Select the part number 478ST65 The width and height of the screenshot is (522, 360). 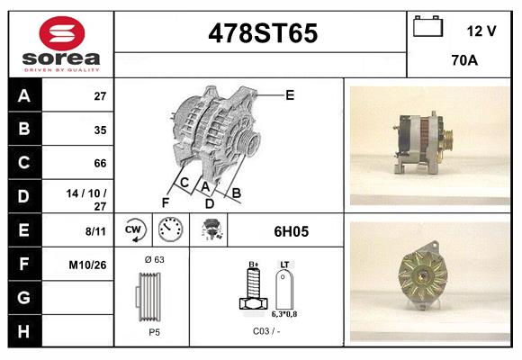tap(262, 34)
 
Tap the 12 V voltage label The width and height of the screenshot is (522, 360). tap(481, 31)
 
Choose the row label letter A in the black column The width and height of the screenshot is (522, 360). tap(23, 95)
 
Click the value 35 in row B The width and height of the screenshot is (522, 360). tap(99, 130)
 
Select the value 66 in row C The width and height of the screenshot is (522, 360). tap(99, 164)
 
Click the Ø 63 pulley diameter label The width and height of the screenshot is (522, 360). tap(153, 258)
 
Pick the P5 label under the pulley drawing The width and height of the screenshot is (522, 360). tap(154, 331)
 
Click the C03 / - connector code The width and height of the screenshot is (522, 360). tap(265, 331)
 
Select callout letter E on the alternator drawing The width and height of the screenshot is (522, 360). tap(290, 94)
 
